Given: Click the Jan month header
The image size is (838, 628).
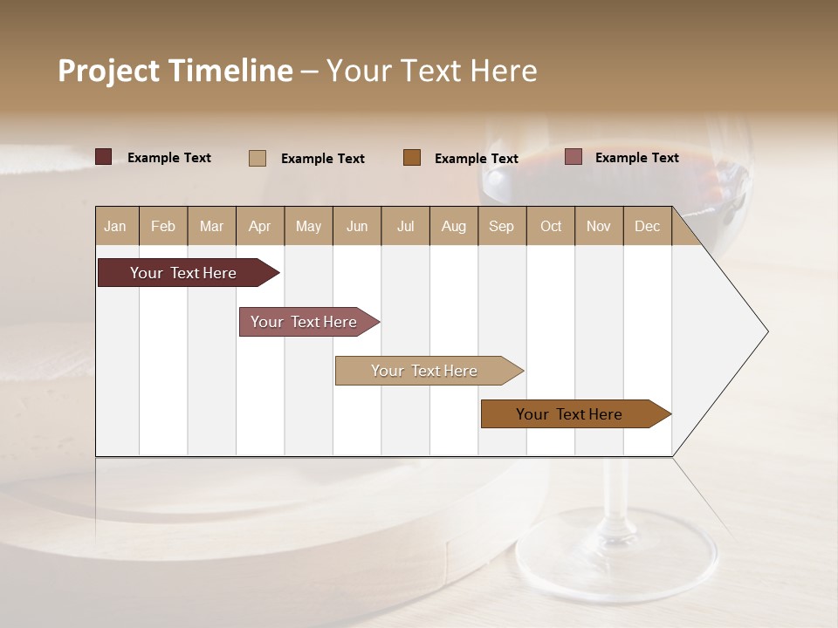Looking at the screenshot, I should (115, 226).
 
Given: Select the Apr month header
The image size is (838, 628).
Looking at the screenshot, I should (259, 226).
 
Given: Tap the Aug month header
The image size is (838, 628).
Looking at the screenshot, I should (453, 226).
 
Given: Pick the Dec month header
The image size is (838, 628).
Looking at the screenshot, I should (647, 226).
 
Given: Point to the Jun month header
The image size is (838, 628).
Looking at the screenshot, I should (356, 226).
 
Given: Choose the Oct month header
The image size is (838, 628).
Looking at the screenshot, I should (550, 226).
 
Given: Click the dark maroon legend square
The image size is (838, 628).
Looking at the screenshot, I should (103, 157).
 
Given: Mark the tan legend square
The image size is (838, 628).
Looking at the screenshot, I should (257, 158).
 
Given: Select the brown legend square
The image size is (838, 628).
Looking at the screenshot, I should (412, 158).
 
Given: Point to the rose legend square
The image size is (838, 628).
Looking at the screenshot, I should (573, 157).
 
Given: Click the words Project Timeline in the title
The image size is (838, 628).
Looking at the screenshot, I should (175, 71).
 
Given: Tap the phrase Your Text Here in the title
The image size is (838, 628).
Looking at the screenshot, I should (431, 71).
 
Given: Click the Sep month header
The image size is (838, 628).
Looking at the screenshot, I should (501, 226).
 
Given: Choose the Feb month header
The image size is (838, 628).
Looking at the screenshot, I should (162, 226).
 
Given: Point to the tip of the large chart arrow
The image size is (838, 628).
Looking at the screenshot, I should (766, 331).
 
